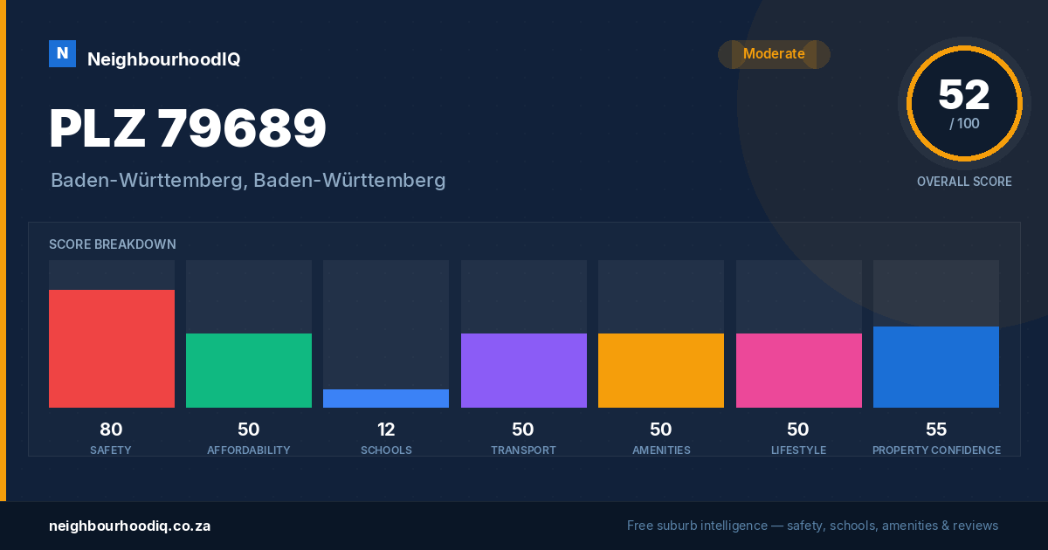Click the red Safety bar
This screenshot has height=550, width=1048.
[x=112, y=348]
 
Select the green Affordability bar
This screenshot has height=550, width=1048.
[x=249, y=370]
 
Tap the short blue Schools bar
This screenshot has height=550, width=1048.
[x=386, y=398]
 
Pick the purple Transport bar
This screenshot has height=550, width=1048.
[x=523, y=370]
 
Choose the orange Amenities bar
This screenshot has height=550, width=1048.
[x=661, y=370]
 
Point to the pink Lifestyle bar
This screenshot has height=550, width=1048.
[x=798, y=370]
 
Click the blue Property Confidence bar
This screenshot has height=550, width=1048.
[x=936, y=368]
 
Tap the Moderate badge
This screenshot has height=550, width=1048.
[x=774, y=54]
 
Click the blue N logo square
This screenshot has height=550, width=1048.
[x=62, y=54]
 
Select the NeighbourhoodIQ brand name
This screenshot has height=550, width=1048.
[x=164, y=59]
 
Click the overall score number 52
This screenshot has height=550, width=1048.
[x=964, y=95]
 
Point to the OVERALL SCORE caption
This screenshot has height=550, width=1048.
[x=964, y=182]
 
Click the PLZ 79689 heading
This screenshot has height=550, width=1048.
[x=188, y=128]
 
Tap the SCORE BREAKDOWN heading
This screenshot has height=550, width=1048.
[x=113, y=244]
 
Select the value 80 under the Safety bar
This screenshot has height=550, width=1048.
[x=111, y=430]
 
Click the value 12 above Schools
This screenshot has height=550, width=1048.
[x=386, y=430]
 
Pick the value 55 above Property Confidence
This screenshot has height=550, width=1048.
[x=936, y=430]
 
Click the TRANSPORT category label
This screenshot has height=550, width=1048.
[x=523, y=450]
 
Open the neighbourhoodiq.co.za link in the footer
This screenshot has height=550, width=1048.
[x=129, y=526]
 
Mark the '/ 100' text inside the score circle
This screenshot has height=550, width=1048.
[x=964, y=123]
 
